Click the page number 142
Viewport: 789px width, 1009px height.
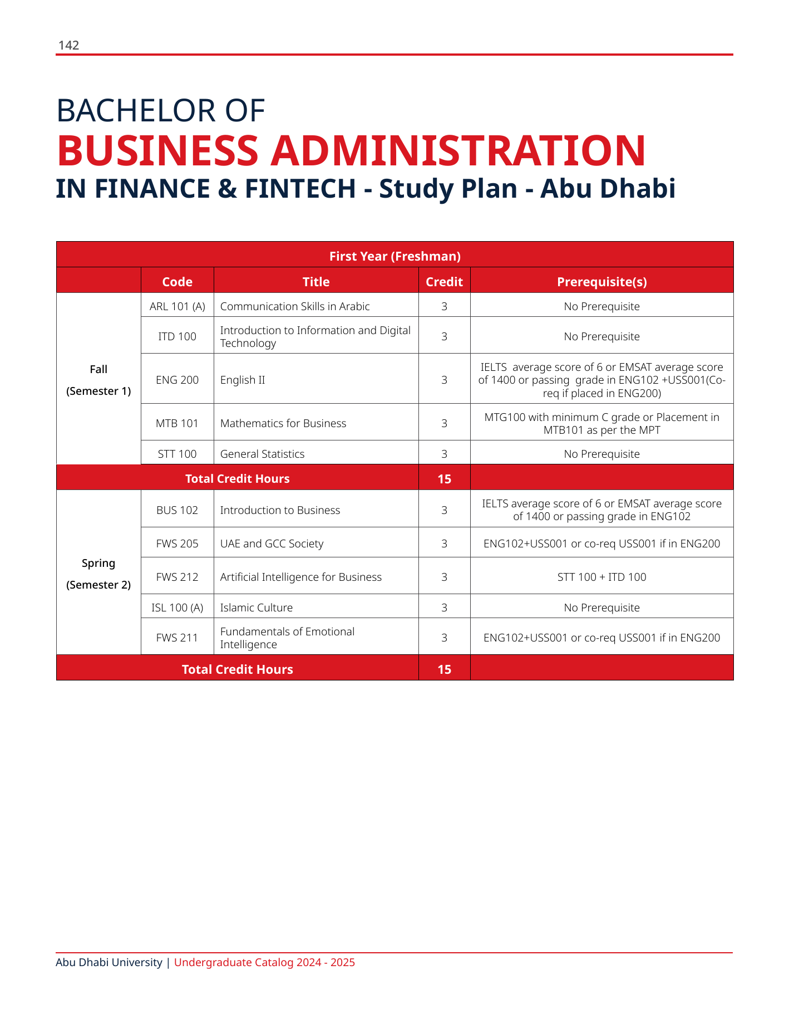[68, 46]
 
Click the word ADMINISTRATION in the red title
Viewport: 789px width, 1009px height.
[457, 150]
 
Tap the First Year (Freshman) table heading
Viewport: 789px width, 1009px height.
[394, 256]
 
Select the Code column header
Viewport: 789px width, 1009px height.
[177, 282]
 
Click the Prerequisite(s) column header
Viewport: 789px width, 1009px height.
[601, 282]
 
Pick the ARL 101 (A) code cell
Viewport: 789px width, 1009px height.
[177, 306]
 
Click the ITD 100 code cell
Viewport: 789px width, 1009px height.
[177, 336]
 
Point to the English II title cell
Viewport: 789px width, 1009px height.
[243, 380]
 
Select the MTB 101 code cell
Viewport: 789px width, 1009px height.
[177, 423]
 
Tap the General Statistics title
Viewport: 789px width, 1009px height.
[262, 454]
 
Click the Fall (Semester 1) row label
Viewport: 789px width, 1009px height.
[98, 380]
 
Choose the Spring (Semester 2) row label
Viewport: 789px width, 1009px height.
[98, 574]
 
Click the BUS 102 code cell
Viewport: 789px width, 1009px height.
[177, 510]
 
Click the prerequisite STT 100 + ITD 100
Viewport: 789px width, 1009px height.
[601, 577]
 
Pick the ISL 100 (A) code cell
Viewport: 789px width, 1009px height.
[177, 608]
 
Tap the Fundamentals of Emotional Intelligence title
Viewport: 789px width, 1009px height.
[287, 638]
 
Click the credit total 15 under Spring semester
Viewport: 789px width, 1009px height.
[444, 669]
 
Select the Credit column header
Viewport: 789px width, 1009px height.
[444, 282]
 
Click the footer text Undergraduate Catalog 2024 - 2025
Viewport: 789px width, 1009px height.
[264, 962]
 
